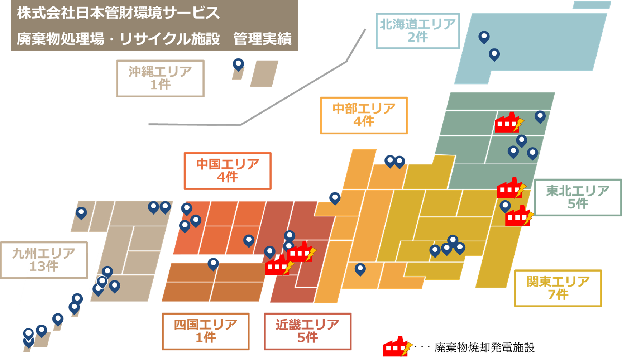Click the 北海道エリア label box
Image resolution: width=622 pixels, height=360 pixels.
(418, 31)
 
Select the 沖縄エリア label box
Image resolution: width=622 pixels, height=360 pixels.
(160, 78)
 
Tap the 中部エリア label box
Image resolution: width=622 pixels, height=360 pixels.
(364, 115)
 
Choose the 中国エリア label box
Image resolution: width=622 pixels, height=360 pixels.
(227, 171)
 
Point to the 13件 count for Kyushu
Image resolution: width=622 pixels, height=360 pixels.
(44, 267)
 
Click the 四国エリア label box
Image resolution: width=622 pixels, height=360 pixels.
(205, 331)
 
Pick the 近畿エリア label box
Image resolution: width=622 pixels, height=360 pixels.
(307, 331)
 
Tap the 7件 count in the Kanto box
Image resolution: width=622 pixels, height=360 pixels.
(558, 294)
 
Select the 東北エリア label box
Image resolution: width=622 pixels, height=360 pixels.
(578, 197)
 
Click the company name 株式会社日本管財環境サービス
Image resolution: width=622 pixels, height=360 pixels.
(118, 13)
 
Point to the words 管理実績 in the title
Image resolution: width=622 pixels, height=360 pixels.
(262, 39)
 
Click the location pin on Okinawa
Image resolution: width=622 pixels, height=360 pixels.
(238, 64)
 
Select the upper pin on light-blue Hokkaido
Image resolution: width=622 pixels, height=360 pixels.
(484, 37)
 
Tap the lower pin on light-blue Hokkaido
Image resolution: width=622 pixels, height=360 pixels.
(494, 54)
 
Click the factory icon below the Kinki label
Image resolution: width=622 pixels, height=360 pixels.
(397, 347)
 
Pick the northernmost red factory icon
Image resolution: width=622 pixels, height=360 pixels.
(508, 123)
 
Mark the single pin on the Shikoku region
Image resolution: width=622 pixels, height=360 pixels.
(213, 264)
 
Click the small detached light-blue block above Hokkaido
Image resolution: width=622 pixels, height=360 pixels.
(591, 5)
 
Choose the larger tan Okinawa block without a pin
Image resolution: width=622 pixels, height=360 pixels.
(264, 73)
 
